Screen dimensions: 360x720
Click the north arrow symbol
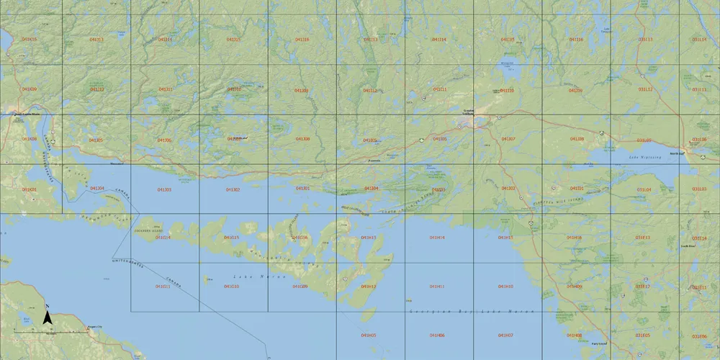[47, 317]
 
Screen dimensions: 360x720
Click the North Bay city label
[677, 153]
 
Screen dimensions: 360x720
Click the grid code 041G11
[163, 287]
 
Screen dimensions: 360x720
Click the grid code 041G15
[232, 238]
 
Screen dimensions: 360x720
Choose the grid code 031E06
[699, 336]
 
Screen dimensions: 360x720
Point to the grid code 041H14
[437, 238]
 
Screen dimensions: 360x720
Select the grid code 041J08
[302, 139]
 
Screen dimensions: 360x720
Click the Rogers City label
[94, 328]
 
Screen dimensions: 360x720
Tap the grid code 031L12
[643, 89]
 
